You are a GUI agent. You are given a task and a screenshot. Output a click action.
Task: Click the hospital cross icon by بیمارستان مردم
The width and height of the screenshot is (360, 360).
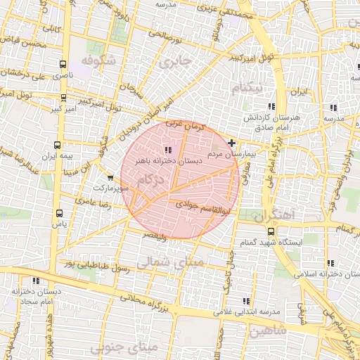click(233, 143)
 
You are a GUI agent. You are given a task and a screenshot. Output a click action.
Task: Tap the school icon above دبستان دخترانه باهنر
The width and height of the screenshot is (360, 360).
click(167, 150)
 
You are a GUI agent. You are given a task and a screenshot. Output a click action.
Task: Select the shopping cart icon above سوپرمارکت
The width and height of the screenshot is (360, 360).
click(110, 178)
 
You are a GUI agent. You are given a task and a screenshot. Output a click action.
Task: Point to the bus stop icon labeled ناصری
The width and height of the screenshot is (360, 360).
click(64, 63)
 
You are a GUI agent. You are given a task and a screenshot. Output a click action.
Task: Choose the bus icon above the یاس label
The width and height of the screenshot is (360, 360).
click(58, 213)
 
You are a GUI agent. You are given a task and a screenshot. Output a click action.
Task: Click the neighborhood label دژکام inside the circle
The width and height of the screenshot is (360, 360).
click(155, 181)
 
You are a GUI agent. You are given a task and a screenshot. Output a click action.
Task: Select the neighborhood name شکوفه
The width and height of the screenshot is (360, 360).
click(97, 62)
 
